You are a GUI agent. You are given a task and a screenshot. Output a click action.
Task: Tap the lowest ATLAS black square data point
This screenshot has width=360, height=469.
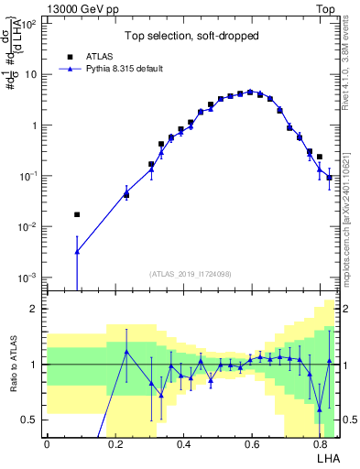coord(77,214)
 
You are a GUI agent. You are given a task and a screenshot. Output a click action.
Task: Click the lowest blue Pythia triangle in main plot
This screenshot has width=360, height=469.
coord(77,251)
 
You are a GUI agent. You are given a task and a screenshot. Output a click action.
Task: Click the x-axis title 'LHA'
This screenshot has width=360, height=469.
coord(328,457)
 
